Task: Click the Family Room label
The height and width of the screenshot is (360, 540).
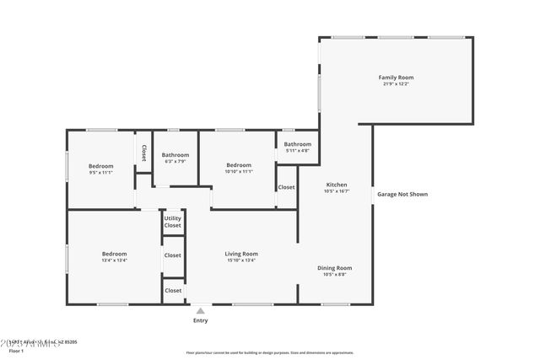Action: [x=396, y=78]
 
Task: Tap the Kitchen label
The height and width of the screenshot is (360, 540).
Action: [x=337, y=185]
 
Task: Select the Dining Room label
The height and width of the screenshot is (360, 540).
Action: [x=334, y=268]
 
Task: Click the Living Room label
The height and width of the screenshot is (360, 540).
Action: [x=240, y=254]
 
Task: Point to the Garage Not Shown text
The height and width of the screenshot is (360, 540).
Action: [x=402, y=194]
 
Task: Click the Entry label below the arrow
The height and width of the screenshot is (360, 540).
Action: [x=201, y=320]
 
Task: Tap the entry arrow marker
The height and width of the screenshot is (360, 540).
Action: [x=201, y=310]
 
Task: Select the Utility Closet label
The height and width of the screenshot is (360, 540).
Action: [x=172, y=222]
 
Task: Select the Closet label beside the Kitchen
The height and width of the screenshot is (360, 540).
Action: [x=286, y=187]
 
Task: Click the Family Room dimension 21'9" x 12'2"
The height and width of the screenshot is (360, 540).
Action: [x=396, y=84]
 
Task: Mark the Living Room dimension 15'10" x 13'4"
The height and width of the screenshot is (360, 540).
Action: [x=240, y=261]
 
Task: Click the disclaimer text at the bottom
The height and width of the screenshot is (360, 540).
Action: [x=270, y=354]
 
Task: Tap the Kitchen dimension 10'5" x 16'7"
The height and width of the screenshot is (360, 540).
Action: [x=337, y=191]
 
